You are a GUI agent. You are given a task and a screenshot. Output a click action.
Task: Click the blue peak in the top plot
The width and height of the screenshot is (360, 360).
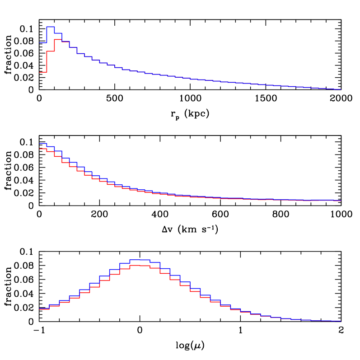click(50, 27)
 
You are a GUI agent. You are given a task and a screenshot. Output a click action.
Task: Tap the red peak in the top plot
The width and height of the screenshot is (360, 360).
click(58, 39)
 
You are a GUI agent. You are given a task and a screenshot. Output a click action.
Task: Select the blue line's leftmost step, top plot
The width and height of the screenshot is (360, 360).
click(43, 42)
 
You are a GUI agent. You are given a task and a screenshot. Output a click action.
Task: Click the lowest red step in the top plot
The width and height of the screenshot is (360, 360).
click(43, 72)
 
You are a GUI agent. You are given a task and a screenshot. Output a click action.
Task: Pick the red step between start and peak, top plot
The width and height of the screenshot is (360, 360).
click(50, 51)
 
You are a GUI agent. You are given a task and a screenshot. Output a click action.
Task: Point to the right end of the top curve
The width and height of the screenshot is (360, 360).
click(341, 89)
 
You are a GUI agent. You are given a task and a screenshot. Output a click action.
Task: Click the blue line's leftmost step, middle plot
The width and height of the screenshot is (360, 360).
click(43, 143)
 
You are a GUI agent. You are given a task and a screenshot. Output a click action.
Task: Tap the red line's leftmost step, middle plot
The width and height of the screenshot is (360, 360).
click(43, 149)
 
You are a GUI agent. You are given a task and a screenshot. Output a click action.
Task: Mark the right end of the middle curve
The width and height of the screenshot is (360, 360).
click(340, 201)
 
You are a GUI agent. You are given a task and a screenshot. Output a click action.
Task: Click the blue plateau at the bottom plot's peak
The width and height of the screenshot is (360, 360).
click(140, 260)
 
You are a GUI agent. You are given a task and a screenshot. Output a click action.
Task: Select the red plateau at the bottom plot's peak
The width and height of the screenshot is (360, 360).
click(140, 266)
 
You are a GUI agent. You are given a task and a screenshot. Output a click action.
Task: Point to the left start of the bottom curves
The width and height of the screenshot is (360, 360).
click(40, 309)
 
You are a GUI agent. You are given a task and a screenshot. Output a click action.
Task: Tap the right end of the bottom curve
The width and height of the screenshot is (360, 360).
click(341, 321)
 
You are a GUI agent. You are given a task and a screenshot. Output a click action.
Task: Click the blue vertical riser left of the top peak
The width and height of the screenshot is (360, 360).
click(47, 35)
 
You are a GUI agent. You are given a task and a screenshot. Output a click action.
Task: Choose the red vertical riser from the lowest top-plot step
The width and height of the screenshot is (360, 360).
click(47, 61)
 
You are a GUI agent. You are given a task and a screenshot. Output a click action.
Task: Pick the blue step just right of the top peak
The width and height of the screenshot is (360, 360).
click(58, 33)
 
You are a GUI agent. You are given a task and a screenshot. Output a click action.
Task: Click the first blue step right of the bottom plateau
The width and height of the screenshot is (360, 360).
click(155, 262)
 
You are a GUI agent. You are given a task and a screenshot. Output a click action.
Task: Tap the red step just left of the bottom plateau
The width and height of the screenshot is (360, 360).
click(125, 269)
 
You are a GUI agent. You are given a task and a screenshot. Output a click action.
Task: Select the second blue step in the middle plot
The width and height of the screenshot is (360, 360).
click(50, 146)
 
